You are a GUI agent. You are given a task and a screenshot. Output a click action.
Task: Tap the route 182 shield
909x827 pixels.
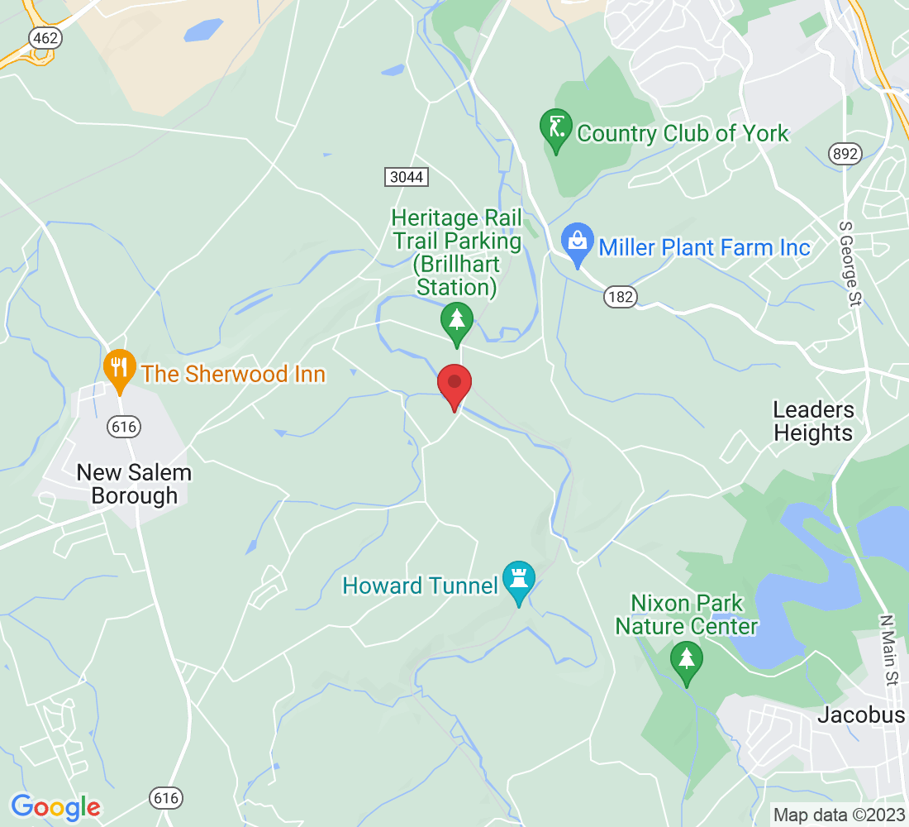tap(620, 297)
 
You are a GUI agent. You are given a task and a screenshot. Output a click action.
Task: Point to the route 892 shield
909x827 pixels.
tap(845, 153)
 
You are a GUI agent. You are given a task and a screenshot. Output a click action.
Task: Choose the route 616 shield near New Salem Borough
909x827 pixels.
tap(123, 427)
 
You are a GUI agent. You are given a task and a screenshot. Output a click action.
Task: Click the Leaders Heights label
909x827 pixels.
tap(813, 421)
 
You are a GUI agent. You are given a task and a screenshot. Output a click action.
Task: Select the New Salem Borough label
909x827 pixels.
tap(134, 484)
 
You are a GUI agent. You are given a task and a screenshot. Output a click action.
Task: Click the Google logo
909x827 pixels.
tap(55, 806)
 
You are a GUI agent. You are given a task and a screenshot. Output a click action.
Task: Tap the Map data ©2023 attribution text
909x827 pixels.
tap(838, 815)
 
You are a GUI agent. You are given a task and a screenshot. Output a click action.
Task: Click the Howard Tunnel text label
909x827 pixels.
tap(420, 586)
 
